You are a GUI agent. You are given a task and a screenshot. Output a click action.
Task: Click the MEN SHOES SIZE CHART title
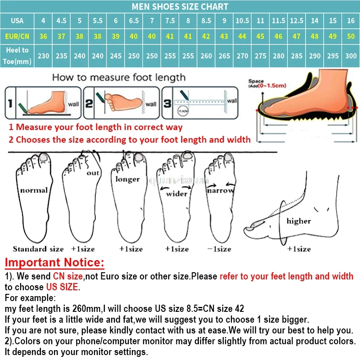(180, 7)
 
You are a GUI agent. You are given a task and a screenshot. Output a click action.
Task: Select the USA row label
(17, 21)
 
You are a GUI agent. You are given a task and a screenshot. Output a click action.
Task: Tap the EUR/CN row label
(17, 36)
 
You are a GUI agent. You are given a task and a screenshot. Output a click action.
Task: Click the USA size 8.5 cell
(206, 21)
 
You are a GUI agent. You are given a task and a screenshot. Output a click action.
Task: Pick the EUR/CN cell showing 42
(206, 36)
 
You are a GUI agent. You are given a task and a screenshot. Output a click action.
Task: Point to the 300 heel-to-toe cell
(351, 56)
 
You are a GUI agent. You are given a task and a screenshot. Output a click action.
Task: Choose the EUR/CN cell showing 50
(351, 36)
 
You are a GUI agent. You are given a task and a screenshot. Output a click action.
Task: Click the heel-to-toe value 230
(43, 56)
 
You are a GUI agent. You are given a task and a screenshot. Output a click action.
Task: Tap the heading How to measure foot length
(118, 77)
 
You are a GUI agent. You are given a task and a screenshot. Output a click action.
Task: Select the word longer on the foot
(128, 179)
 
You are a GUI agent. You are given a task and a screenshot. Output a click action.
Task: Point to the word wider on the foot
(177, 194)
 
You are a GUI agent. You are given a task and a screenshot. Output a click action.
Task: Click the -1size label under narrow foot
(220, 249)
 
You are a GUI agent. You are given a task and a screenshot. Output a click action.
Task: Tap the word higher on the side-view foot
(298, 221)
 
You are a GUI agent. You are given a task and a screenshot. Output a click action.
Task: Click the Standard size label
(38, 249)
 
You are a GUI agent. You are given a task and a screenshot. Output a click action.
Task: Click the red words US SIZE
(62, 287)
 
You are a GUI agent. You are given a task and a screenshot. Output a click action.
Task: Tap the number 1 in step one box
(10, 103)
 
